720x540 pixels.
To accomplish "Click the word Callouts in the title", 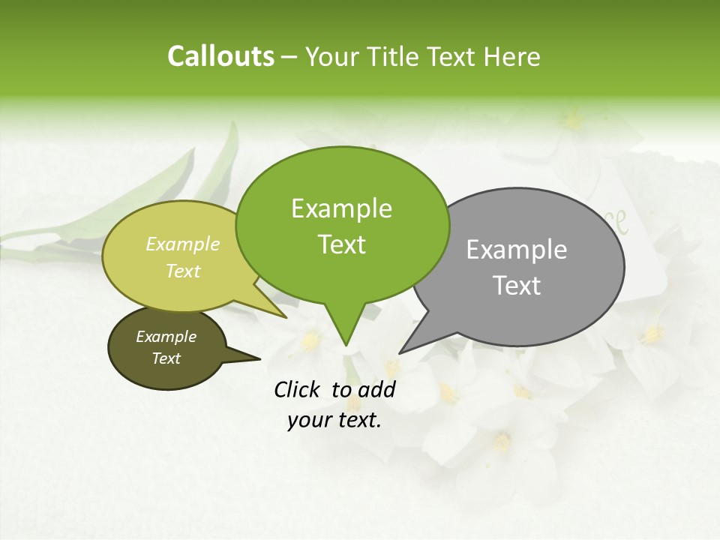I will [220, 56].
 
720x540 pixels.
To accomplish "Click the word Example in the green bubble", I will [341, 208].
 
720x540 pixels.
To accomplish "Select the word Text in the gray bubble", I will [517, 286].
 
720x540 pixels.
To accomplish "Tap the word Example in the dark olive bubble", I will [166, 337].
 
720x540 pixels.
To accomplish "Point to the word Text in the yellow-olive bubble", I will [183, 271].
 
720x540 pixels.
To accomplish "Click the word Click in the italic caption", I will [298, 389].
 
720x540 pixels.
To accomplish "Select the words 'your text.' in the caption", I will [334, 420].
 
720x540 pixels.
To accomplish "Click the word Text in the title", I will [452, 56].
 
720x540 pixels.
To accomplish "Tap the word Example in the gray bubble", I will [517, 250].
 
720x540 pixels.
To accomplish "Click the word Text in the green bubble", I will [342, 244].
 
